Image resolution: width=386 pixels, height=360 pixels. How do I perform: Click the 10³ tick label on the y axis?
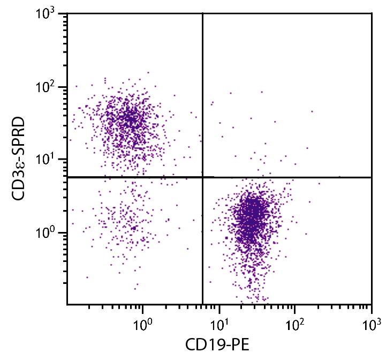point(48,14)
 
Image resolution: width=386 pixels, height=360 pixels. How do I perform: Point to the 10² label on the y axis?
point(48,87)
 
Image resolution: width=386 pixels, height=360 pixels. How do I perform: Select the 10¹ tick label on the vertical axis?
point(48,160)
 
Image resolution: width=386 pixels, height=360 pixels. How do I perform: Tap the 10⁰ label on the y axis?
point(48,233)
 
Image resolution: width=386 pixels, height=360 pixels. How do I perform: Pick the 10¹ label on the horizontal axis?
point(218,324)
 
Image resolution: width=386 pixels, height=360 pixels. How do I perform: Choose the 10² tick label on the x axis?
point(294,324)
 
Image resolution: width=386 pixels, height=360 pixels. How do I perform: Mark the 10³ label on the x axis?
point(370,324)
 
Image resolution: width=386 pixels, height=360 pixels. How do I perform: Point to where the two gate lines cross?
point(203,177)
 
